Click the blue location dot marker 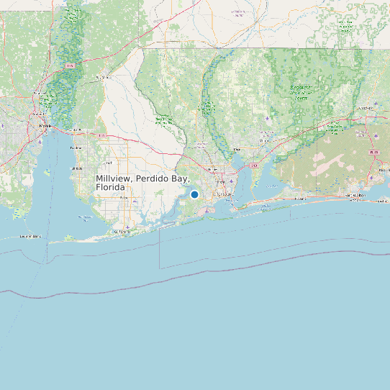pos(194,194)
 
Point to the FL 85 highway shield pos(373,153)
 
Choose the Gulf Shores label pos(122,232)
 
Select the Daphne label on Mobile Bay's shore pos(76,148)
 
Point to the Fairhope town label pos(78,168)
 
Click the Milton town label pos(237,150)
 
